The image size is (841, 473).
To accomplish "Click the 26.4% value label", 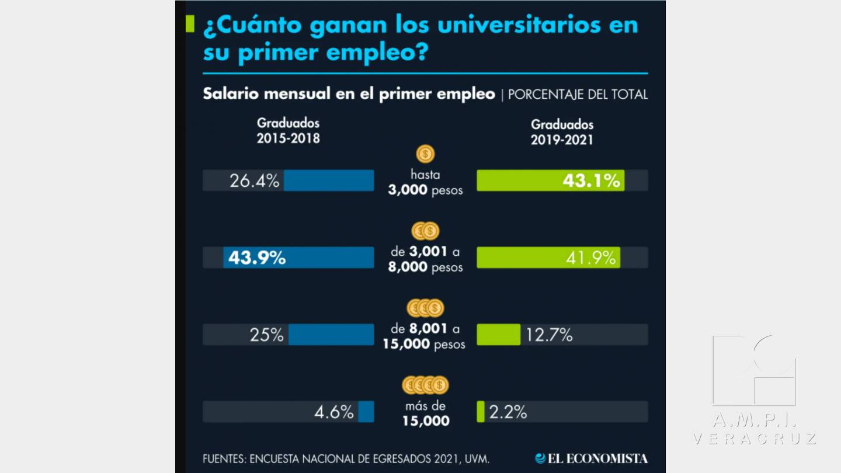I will click(255, 181).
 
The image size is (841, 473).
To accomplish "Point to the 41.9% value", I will click(590, 258).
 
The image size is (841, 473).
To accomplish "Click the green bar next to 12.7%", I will click(498, 335).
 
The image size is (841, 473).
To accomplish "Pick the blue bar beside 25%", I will click(331, 335).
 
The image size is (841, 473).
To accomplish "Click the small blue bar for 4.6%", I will click(366, 412).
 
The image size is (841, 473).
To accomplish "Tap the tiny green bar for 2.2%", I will click(481, 412).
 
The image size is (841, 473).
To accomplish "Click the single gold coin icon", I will click(426, 155).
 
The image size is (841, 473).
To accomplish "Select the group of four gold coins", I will click(426, 385).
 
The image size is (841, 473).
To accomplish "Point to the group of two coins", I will click(426, 231).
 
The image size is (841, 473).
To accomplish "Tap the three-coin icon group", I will click(426, 308).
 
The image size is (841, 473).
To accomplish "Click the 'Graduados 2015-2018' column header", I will click(289, 131).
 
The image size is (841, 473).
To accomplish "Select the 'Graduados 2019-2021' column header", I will click(562, 132).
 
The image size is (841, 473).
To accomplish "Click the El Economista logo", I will click(591, 458).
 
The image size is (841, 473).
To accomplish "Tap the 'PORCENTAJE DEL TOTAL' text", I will click(578, 95).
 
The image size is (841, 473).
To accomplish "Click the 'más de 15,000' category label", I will click(426, 413).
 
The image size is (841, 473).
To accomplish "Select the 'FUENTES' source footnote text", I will click(346, 459).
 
